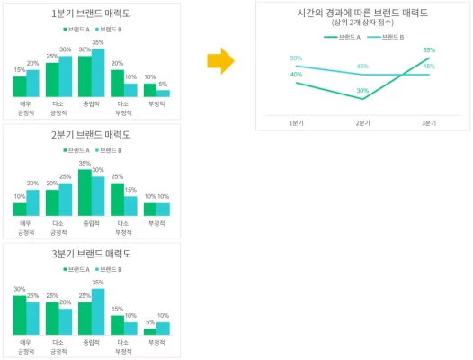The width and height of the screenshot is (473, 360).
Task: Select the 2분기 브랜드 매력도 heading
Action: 92,135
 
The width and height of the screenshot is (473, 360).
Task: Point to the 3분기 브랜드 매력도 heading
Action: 92,254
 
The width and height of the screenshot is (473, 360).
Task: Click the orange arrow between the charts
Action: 219,61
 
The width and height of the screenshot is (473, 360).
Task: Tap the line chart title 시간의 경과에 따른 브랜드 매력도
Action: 361,13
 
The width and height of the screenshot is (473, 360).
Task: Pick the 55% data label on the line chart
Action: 429,50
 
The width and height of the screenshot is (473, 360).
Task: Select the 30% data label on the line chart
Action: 362,91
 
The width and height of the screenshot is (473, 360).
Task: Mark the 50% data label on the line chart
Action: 296,58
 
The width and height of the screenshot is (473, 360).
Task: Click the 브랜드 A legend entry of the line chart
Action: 347,37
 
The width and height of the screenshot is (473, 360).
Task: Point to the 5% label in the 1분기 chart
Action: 163,85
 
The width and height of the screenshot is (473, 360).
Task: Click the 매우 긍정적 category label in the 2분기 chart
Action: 26,226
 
